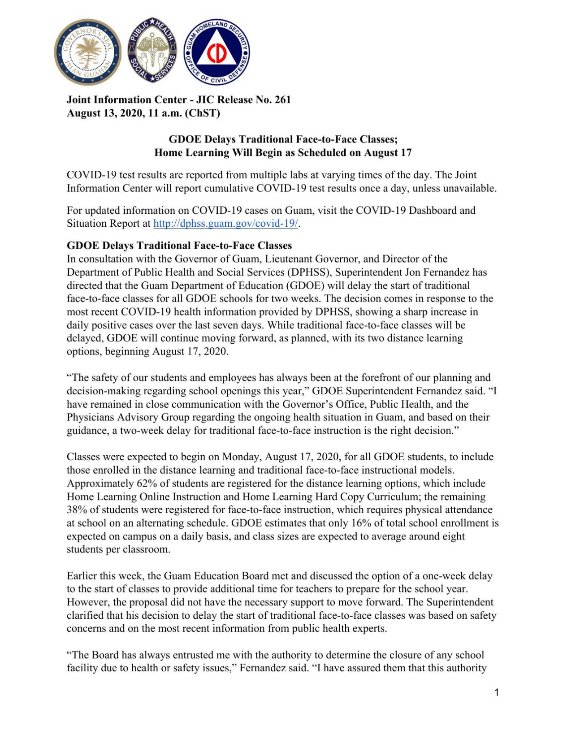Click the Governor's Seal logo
pyautogui.click(x=88, y=52)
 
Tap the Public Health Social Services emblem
pyautogui.click(x=152, y=51)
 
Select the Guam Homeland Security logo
pyautogui.click(x=217, y=52)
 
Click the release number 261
pyautogui.click(x=283, y=99)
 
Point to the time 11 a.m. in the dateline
pyautogui.click(x=164, y=113)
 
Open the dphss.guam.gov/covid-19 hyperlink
pyautogui.click(x=225, y=224)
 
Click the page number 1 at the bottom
pyautogui.click(x=496, y=692)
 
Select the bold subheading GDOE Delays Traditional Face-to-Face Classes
pyautogui.click(x=179, y=246)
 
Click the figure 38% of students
pyautogui.click(x=77, y=510)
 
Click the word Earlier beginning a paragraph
pyautogui.click(x=82, y=576)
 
